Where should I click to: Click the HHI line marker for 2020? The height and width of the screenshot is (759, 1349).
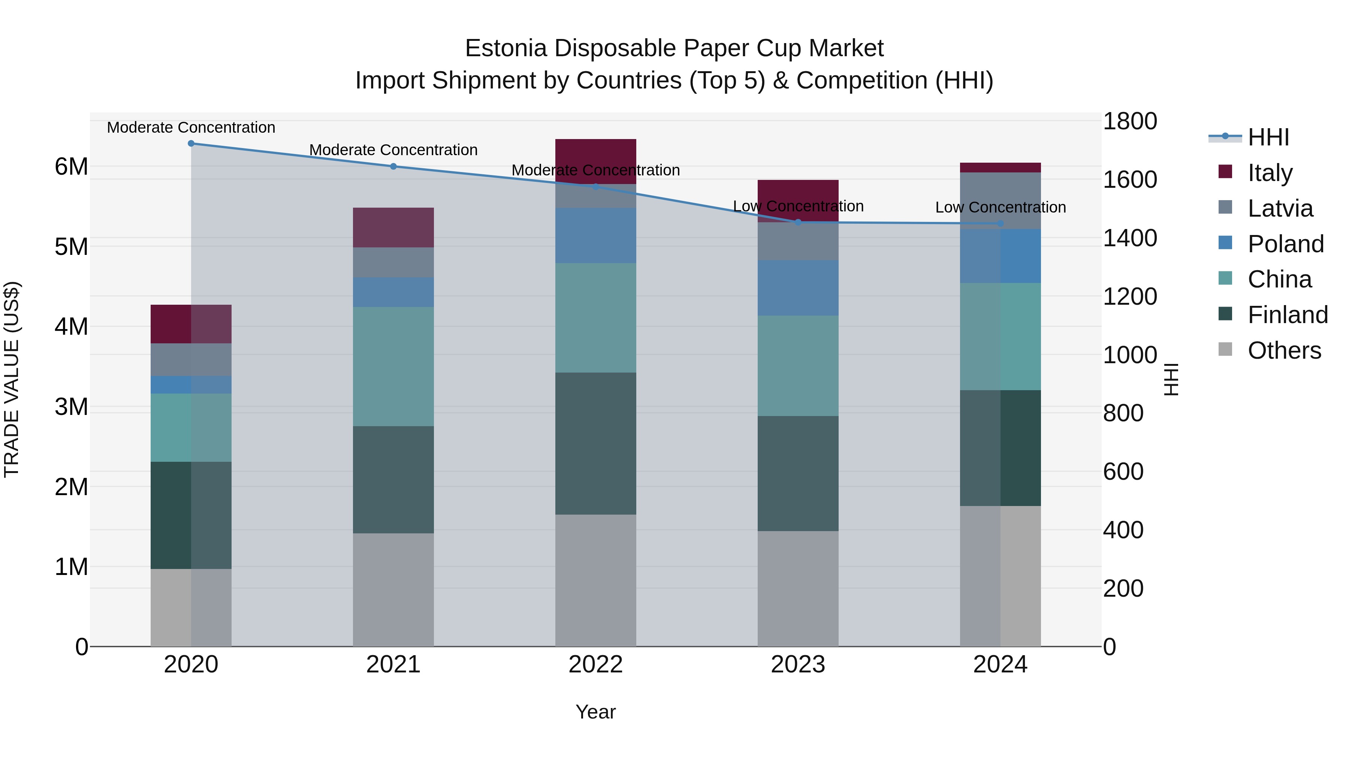click(191, 144)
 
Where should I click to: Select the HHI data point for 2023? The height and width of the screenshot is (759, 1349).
click(798, 222)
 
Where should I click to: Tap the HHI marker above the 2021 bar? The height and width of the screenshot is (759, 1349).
click(393, 166)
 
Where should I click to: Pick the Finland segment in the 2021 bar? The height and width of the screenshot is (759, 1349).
click(393, 479)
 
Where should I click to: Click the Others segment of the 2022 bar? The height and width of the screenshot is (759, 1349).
click(595, 580)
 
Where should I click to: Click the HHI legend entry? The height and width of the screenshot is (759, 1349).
click(1268, 137)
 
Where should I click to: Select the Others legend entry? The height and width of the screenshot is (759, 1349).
click(1283, 350)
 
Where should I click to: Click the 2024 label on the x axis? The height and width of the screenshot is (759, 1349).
click(1000, 665)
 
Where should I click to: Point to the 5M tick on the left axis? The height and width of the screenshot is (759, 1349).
click(71, 247)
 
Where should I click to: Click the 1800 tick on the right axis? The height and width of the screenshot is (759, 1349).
click(1129, 121)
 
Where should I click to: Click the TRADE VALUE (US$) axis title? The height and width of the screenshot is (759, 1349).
click(12, 379)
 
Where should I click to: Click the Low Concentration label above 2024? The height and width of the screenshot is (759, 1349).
click(1000, 207)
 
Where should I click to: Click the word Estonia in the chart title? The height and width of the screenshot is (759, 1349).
click(506, 48)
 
